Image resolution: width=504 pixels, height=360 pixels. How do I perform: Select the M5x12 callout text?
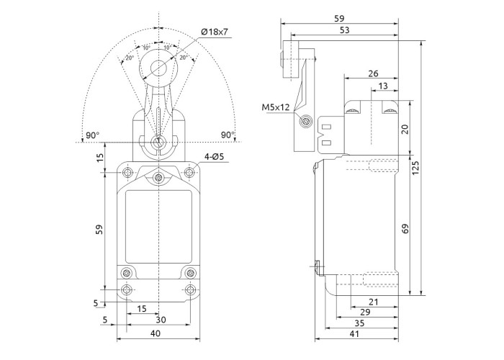tap(276, 108)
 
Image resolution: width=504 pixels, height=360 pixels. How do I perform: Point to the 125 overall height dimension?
tap(416, 167)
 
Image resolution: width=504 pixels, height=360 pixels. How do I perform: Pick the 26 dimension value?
tap(373, 73)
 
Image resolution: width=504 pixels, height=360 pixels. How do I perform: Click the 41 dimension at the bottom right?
tap(356, 333)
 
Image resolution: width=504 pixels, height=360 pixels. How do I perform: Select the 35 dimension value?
tap(360, 323)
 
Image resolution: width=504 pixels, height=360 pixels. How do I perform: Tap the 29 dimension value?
tap(365, 313)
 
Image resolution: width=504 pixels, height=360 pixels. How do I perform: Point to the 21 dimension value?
tap(372, 302)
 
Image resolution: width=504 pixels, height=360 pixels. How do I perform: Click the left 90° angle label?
tap(92, 135)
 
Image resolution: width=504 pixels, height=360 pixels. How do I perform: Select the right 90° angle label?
tap(228, 135)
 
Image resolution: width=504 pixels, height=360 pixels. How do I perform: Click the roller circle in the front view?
tap(159, 68)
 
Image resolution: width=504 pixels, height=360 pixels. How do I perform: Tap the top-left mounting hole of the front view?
tap(127, 173)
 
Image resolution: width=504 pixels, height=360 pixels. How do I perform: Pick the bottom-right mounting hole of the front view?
tap(190, 290)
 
